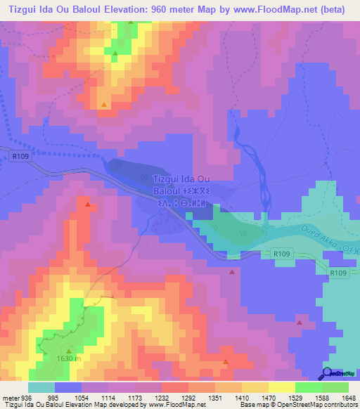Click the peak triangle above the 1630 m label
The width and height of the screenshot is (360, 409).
[x=69, y=349]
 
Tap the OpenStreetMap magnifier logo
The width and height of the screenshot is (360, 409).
[x=328, y=373]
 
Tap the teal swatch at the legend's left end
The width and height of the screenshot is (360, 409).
[x=41, y=387]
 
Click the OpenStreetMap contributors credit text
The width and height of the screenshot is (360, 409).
[x=316, y=404]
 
